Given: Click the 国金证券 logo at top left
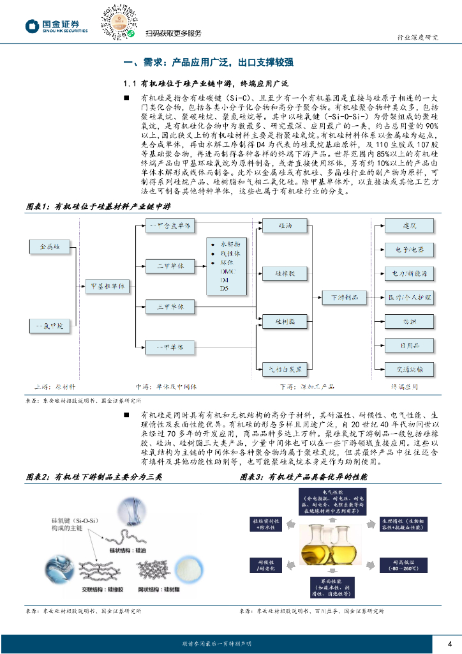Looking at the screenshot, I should click(56, 26).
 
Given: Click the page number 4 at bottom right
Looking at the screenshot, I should click(451, 643).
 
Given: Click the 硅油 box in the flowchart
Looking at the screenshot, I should click(285, 226).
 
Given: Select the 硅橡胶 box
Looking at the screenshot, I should click(285, 273).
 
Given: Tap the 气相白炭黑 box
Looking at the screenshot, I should click(285, 368).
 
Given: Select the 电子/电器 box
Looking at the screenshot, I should click(408, 249).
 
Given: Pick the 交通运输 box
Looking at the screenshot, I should click(408, 369).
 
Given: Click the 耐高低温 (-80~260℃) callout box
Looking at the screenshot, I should click(400, 564).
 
